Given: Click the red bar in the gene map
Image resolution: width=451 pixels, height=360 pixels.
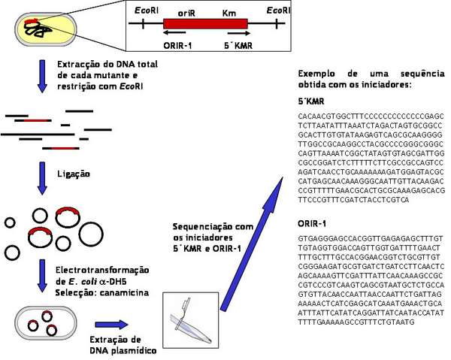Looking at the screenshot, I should (x=207, y=23).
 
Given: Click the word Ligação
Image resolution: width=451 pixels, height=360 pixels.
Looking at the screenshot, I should (x=74, y=174).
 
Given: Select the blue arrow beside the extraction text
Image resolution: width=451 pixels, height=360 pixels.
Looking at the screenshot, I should (x=42, y=76).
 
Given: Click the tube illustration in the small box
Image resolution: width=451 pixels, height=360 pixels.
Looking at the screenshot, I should (x=185, y=325).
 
